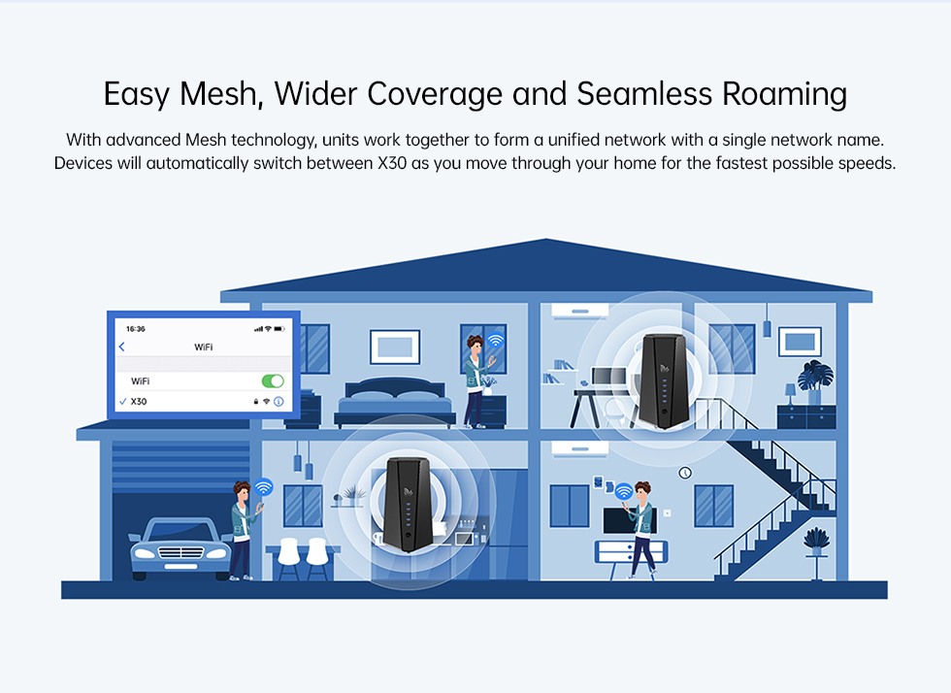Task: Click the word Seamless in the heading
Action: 644,94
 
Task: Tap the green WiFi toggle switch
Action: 273,381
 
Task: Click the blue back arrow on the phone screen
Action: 122,346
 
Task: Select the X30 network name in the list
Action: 139,401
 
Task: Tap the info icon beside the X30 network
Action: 279,401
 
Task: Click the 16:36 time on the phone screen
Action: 135,329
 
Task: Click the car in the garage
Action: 180,547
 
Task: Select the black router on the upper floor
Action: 664,380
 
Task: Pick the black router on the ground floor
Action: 408,505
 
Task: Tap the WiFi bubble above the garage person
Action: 263,486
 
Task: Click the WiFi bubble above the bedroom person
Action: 496,340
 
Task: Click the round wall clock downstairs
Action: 685,472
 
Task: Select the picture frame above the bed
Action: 395,346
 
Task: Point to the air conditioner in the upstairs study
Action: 579,311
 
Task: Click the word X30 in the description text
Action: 392,163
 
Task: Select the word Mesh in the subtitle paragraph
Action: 206,140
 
